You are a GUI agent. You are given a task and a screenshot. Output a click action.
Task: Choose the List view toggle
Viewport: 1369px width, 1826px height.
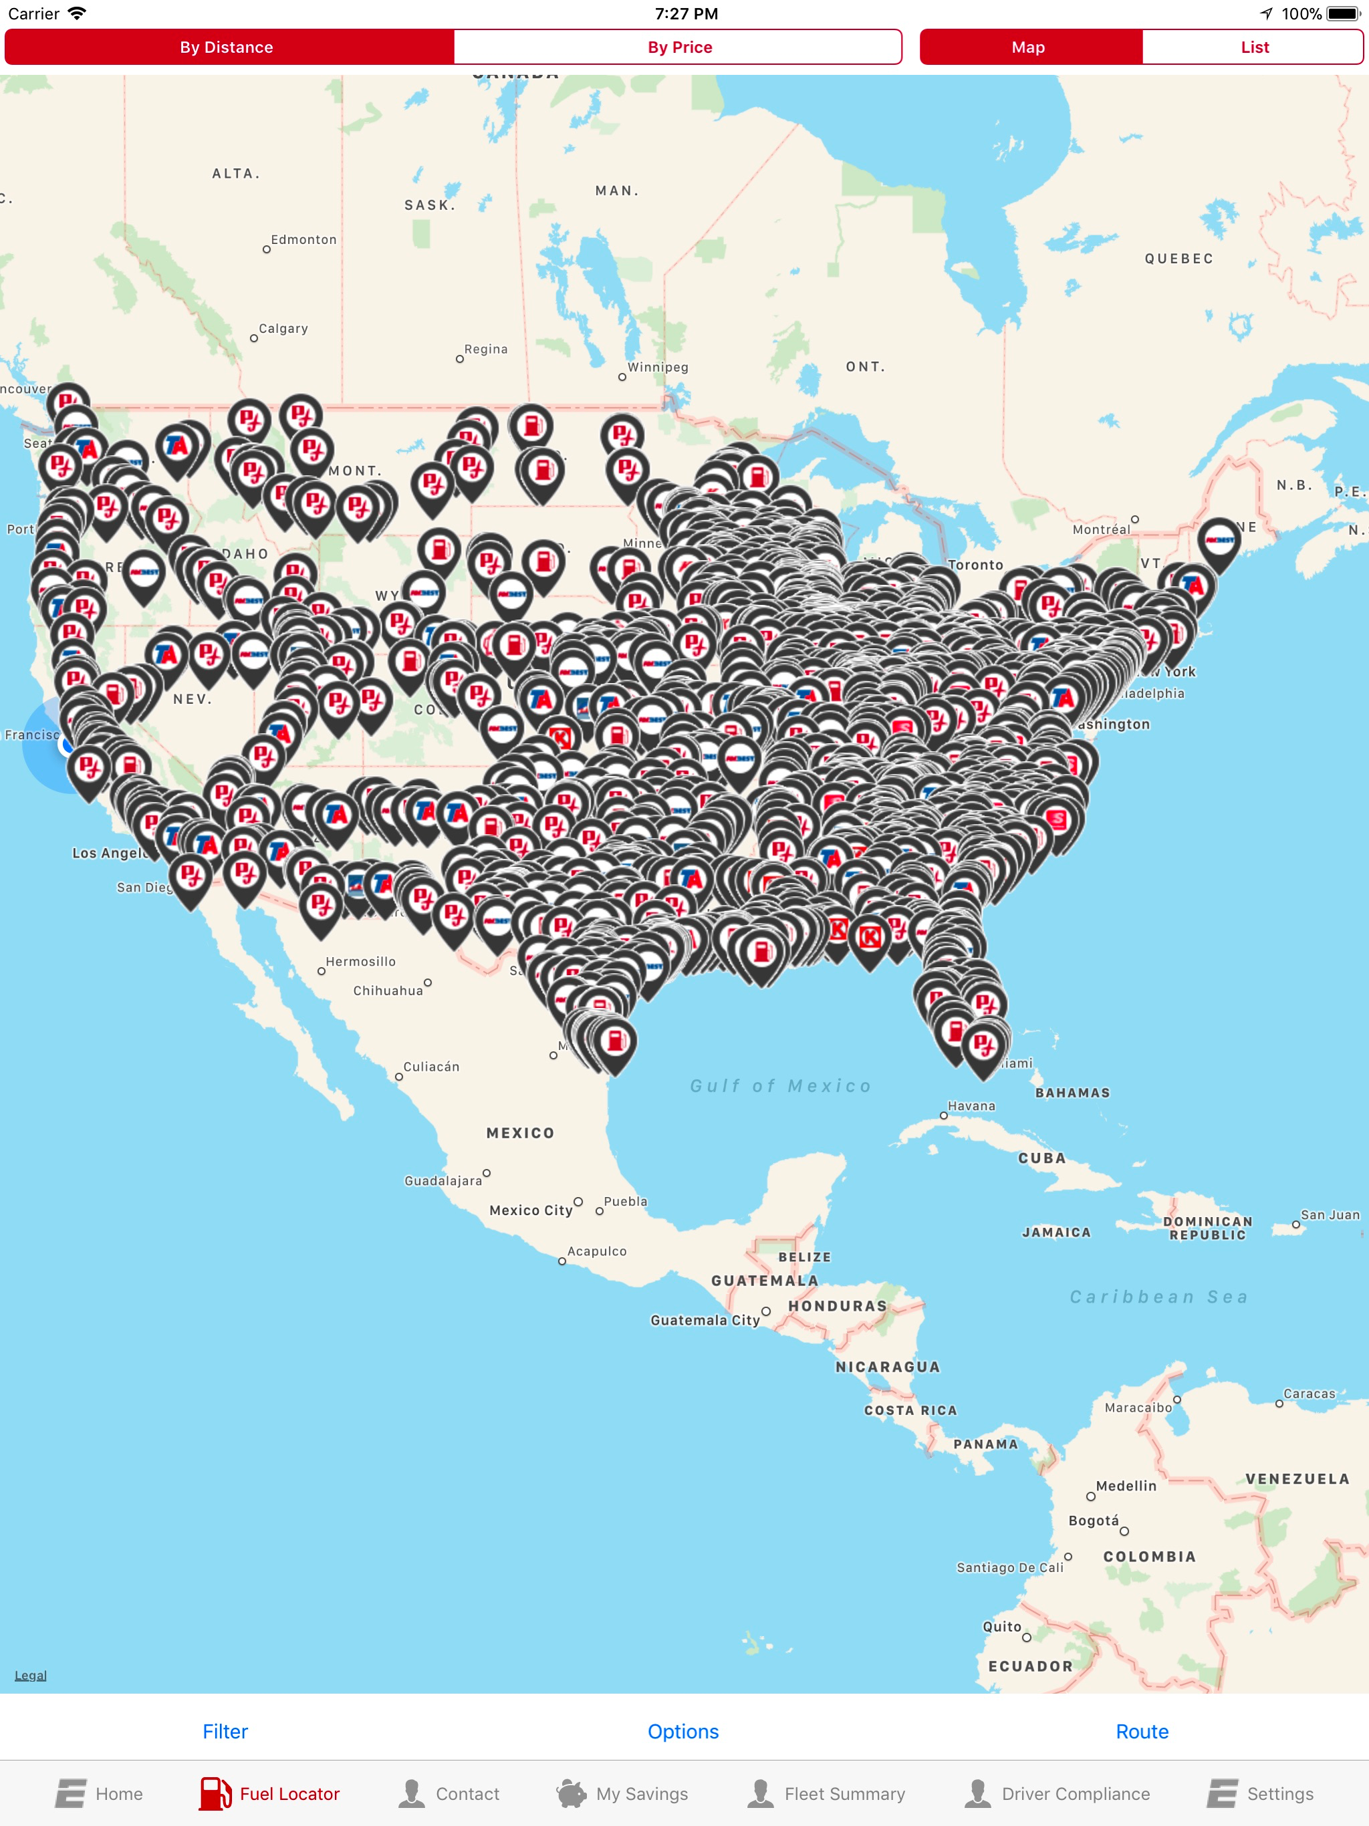(x=1253, y=47)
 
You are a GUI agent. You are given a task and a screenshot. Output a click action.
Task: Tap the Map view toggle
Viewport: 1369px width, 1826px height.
(x=1029, y=47)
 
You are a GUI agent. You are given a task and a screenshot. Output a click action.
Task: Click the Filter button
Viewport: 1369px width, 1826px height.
(x=225, y=1731)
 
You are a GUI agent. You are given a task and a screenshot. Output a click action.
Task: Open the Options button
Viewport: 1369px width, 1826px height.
(x=683, y=1731)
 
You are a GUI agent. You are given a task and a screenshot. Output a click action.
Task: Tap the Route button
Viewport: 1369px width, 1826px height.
(x=1142, y=1731)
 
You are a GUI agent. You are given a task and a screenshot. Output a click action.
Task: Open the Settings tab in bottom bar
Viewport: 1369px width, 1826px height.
(x=1261, y=1794)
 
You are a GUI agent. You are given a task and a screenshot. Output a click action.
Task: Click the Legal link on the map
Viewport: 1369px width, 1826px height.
(x=31, y=1675)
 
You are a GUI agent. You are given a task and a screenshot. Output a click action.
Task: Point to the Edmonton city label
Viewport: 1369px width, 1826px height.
(x=303, y=240)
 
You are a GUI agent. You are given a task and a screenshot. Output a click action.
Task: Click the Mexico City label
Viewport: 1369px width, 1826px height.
(x=531, y=1210)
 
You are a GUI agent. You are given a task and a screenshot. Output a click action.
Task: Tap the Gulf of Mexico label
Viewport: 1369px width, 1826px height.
(x=780, y=1085)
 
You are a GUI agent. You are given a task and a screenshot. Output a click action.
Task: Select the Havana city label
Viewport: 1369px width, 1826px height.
(x=971, y=1106)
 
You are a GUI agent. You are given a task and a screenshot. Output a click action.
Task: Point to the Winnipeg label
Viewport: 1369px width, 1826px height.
(x=657, y=368)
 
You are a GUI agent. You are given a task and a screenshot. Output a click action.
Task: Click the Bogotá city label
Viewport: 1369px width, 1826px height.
(x=1093, y=1521)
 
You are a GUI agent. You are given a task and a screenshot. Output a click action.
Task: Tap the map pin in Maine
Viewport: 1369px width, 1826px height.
(x=1219, y=541)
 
